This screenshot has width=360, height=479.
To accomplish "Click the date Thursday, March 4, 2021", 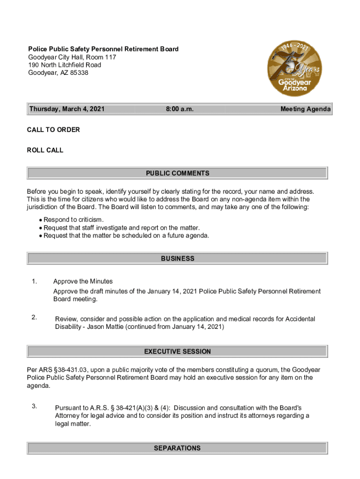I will (x=67, y=109).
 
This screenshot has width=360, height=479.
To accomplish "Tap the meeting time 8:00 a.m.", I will (x=180, y=109).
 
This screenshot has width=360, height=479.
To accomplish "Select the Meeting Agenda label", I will (x=305, y=109).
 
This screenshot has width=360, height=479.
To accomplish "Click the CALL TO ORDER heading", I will (x=53, y=130).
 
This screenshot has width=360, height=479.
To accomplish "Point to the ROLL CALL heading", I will (x=45, y=150).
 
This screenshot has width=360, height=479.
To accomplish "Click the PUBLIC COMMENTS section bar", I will (x=177, y=173).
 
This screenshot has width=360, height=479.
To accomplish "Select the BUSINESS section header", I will (x=177, y=258).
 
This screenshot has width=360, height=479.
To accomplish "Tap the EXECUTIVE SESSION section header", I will (x=177, y=351).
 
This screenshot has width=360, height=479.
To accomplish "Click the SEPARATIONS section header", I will (x=177, y=448).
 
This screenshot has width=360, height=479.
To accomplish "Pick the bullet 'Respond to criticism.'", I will (x=73, y=220).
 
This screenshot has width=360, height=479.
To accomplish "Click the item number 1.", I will (x=34, y=281).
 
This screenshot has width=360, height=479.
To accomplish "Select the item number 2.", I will (x=34, y=318).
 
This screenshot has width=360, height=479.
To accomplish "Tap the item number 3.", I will (x=34, y=406).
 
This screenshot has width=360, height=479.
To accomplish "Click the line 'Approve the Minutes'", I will (x=83, y=281).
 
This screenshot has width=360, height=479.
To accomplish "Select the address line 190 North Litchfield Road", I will (x=65, y=65).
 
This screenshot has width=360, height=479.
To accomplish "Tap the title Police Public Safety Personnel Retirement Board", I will (x=103, y=49).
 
